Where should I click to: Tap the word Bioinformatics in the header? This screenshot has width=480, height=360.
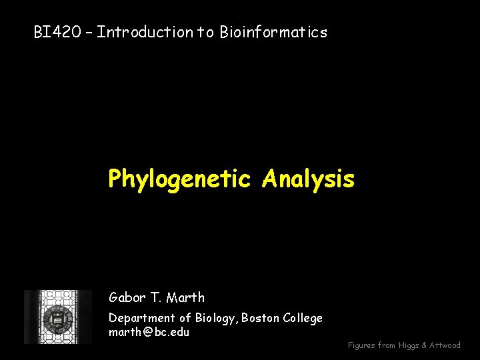pyautogui.click(x=273, y=32)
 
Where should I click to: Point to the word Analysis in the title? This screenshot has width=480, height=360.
pyautogui.click(x=309, y=179)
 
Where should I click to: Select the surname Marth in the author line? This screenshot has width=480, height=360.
pyautogui.click(x=186, y=297)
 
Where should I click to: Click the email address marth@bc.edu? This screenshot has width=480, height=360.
pyautogui.click(x=149, y=331)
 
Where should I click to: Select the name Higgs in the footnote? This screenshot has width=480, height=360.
pyautogui.click(x=409, y=345)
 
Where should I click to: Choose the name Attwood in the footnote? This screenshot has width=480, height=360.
pyautogui.click(x=445, y=345)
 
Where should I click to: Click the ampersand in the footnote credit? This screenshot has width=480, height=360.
pyautogui.click(x=425, y=345)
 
